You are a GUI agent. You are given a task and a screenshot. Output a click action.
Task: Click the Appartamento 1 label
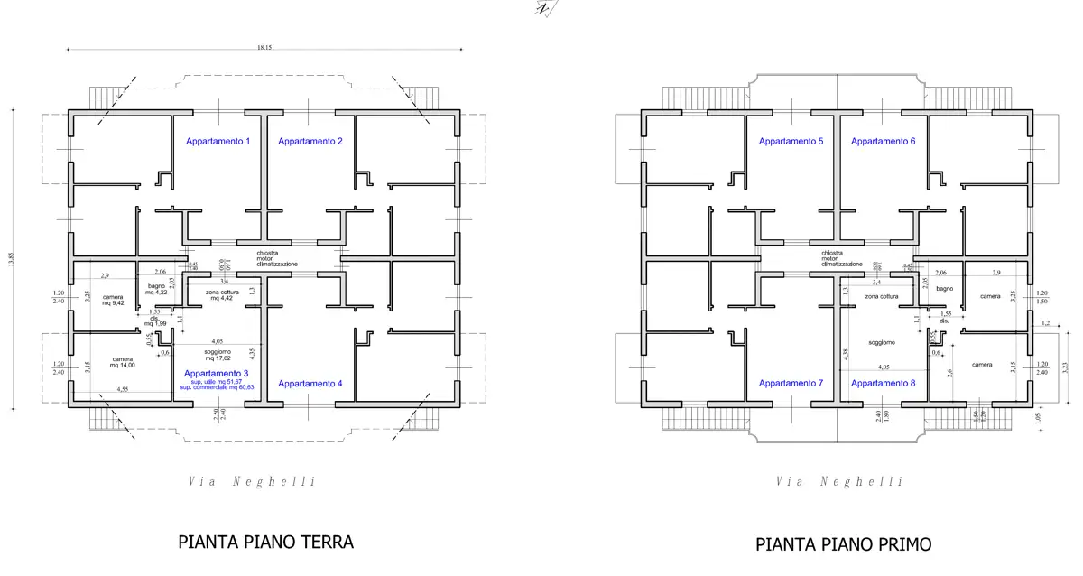point(218,142)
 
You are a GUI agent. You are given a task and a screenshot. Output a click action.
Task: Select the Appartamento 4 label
point(310,384)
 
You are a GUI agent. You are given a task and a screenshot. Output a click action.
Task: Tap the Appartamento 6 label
point(883,142)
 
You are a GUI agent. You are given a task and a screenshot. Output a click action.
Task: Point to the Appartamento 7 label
point(791,384)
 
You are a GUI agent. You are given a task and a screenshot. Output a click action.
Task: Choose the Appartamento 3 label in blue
point(216,374)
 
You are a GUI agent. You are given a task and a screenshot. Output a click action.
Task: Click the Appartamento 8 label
point(883,384)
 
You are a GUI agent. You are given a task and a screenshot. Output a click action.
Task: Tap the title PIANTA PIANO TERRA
point(265,542)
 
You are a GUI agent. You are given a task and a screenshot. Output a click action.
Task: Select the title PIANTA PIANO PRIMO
point(843,544)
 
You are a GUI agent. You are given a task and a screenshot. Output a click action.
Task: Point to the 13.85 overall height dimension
point(12,258)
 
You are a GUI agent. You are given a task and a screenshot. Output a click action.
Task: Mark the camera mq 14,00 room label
point(121,362)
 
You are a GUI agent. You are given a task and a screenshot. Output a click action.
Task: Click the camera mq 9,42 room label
point(112,301)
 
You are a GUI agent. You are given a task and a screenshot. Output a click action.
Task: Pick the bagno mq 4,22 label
point(156,289)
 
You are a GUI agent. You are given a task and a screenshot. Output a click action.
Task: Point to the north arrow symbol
point(544,8)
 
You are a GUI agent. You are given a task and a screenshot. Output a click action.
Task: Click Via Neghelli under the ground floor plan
point(252,482)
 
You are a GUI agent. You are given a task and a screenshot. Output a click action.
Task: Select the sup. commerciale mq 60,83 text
point(217,387)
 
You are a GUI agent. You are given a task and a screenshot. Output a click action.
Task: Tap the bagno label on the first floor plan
point(944,289)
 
